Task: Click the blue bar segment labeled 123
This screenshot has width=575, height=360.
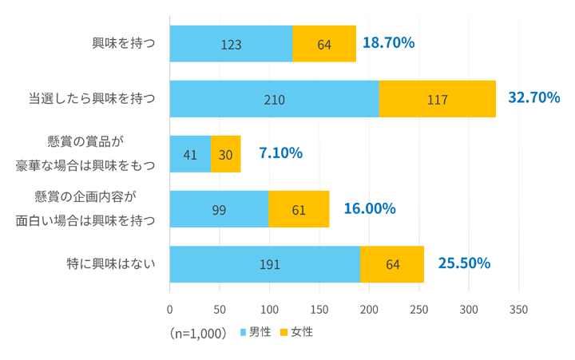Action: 231,44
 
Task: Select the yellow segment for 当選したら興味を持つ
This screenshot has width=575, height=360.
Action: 437,100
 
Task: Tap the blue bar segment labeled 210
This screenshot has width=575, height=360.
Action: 274,100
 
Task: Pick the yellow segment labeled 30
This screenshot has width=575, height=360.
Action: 225,154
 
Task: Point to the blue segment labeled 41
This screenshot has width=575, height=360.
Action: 190,154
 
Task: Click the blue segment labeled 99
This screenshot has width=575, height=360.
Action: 219,209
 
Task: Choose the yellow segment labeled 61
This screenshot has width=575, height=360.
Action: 299,209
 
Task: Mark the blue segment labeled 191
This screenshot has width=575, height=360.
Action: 265,264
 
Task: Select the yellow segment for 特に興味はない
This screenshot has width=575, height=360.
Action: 392,264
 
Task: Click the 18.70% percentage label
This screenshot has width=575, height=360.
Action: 388,43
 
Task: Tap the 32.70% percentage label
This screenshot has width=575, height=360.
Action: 533,98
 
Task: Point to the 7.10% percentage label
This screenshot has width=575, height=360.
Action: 280,153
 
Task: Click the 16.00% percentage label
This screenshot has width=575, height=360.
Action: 370,208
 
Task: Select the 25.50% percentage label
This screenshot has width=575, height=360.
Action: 464,263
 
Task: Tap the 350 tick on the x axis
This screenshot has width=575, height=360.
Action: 519,309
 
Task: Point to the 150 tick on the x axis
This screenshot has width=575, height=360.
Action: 319,309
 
